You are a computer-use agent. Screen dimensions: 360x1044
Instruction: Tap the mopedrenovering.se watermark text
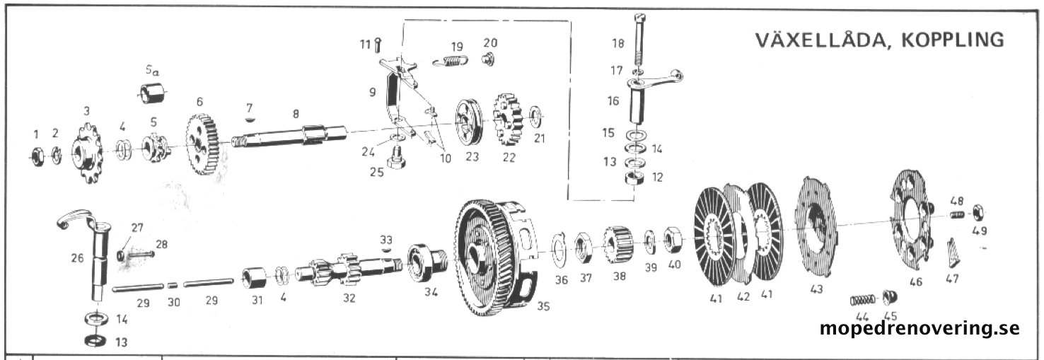920,328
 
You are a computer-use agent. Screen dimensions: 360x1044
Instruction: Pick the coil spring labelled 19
450,62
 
